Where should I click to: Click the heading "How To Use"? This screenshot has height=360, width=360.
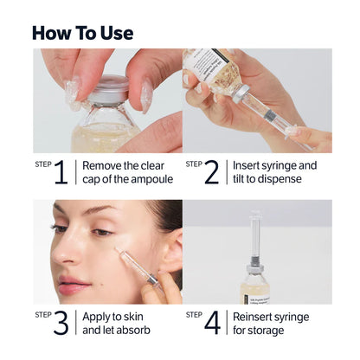coord(82,33)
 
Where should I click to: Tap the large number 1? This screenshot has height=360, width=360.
coord(61,173)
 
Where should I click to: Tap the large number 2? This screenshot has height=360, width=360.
coord(212,173)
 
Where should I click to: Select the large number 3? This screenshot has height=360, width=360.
coord(61,323)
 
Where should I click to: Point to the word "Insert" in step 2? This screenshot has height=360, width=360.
coord(249,165)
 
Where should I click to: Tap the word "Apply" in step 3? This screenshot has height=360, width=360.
coord(99,316)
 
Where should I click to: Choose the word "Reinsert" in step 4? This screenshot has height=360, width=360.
coord(259,316)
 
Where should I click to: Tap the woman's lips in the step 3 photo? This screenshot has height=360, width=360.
coord(74,285)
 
